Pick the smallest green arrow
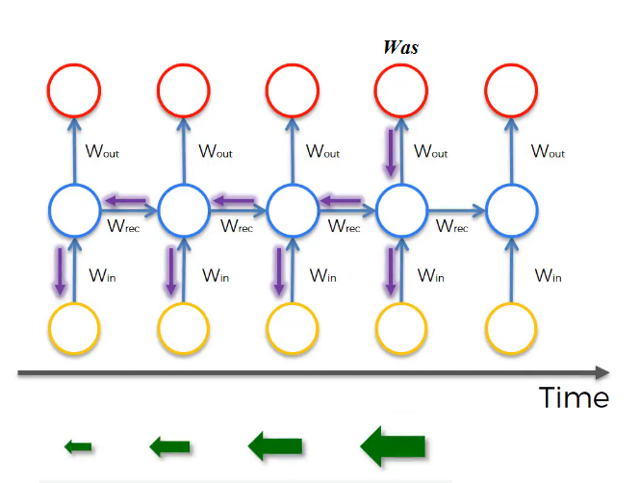pos(78,446)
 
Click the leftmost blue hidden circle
pos(73,208)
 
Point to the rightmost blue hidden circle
pos(512,208)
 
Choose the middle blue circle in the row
pos(292,208)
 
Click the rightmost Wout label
pos(548,152)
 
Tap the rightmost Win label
pos(548,275)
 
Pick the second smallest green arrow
pos(169,445)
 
